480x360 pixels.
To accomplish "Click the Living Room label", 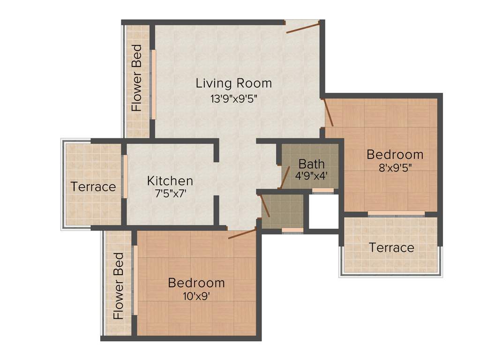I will pyautogui.click(x=233, y=83).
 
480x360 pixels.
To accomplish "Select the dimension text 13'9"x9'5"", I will pyautogui.click(x=233, y=99).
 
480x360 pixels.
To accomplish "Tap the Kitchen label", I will pyautogui.click(x=170, y=180).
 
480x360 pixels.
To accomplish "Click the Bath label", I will pyautogui.click(x=311, y=164).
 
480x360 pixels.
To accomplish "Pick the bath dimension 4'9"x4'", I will pyautogui.click(x=311, y=176).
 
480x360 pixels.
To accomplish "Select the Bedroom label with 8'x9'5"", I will pyautogui.click(x=395, y=154).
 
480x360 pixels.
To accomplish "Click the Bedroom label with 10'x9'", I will pyautogui.click(x=196, y=283).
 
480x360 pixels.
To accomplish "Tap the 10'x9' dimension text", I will pyautogui.click(x=196, y=296).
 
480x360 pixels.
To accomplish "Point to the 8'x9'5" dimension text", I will pyautogui.click(x=395, y=167).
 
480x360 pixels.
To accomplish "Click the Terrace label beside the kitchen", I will pyautogui.click(x=93, y=187).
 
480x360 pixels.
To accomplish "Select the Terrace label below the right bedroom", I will pyautogui.click(x=391, y=247).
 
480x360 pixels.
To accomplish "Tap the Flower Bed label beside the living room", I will pyautogui.click(x=136, y=78).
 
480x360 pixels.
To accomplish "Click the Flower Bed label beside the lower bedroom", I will pyautogui.click(x=119, y=286).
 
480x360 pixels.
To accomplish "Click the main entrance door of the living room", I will pyautogui.click(x=303, y=27).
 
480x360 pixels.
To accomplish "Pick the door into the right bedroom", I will pyautogui.click(x=328, y=112).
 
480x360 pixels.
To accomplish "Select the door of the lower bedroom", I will pyautogui.click(x=242, y=233).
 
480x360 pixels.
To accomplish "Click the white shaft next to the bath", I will pyautogui.click(x=323, y=211).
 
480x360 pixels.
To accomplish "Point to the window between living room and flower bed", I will pyautogui.click(x=153, y=84).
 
